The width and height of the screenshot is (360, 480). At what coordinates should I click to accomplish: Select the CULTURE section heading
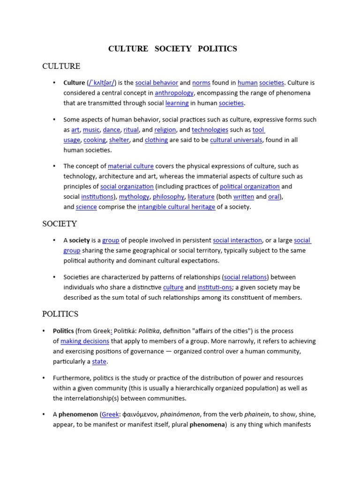61,66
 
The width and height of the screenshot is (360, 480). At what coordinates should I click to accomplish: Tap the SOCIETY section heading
60,224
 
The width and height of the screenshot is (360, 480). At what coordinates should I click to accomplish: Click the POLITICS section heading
60,314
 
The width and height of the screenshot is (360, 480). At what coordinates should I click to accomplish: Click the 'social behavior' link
157,83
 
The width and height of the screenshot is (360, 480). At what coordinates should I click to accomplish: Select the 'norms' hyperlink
201,83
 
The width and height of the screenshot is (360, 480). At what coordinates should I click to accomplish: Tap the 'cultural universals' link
236,140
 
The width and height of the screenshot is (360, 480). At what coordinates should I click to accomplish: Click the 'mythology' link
134,197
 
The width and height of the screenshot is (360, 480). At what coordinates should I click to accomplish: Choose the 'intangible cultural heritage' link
176,207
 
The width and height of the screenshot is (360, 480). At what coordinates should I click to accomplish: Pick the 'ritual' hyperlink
131,130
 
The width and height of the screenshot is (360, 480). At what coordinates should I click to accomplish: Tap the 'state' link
99,362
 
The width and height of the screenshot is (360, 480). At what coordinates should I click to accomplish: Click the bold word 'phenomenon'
78,415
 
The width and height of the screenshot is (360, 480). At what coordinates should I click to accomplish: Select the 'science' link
86,207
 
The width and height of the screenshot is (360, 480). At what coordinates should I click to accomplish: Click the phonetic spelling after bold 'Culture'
102,83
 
